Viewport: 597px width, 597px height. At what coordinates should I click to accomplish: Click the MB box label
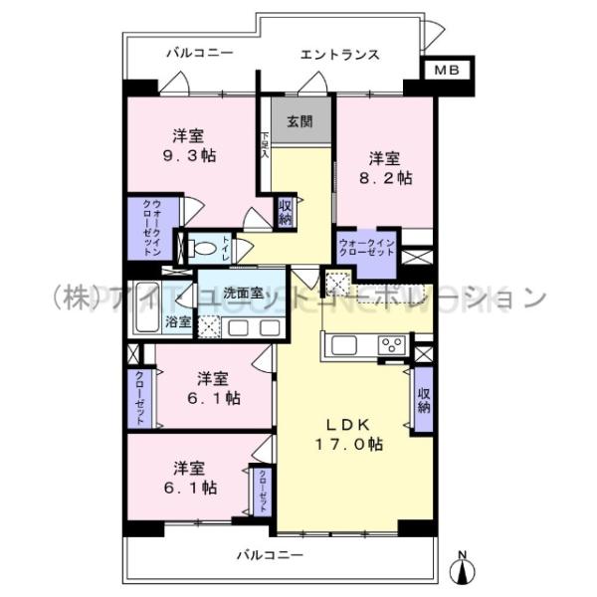tap(446, 71)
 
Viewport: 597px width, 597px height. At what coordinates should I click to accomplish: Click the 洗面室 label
tap(242, 294)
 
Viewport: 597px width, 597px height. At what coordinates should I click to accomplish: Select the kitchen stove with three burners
tap(391, 345)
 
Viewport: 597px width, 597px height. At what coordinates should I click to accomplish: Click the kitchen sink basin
tap(344, 345)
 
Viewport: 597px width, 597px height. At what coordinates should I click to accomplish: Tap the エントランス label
tap(339, 55)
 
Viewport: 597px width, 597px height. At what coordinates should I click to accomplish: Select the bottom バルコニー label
tap(270, 553)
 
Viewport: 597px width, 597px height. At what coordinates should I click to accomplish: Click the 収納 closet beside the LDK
tap(424, 399)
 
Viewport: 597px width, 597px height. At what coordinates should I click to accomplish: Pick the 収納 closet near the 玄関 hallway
tap(286, 213)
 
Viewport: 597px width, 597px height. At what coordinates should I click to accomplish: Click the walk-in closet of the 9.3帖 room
tap(151, 229)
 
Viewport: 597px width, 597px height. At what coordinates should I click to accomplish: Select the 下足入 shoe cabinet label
tap(265, 147)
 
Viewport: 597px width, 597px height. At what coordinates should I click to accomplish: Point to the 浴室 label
tap(179, 321)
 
